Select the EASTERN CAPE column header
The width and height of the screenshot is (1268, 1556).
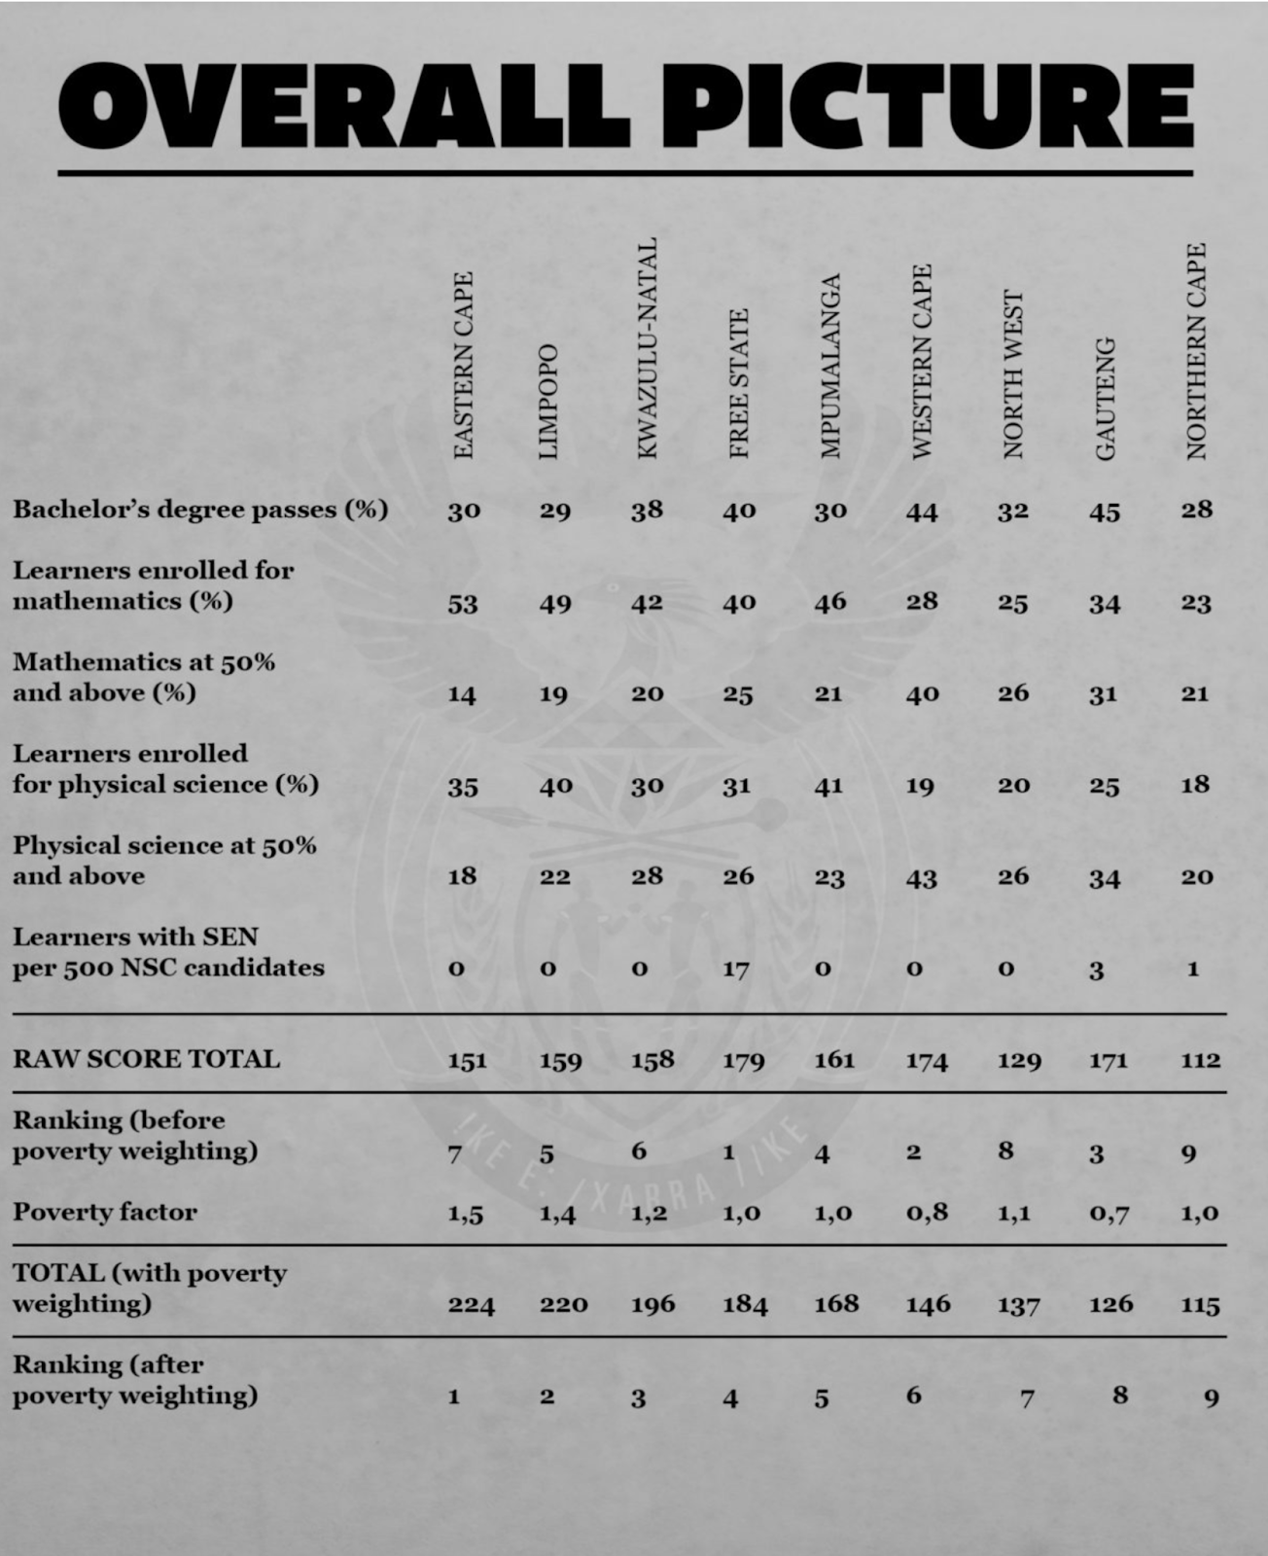464,365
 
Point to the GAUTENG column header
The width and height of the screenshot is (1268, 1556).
1105,399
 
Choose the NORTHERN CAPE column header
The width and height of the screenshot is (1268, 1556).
1196,351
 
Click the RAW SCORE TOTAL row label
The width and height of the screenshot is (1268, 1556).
146,1058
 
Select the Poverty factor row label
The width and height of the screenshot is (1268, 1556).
105,1212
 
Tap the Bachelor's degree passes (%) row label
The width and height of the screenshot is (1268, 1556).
200,509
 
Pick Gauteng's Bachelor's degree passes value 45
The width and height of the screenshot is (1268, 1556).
1105,512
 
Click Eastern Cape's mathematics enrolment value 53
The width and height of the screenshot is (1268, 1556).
463,604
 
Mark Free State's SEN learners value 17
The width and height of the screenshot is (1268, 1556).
736,969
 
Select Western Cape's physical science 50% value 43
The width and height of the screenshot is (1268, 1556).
921,877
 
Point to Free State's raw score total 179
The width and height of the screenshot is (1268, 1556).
743,1060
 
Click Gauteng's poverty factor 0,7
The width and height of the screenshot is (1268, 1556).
1109,1213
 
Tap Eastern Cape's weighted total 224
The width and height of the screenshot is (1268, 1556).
472,1304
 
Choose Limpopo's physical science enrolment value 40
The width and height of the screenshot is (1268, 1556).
555,785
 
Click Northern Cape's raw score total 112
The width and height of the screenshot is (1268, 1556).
1201,1060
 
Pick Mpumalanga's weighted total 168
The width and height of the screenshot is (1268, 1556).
836,1303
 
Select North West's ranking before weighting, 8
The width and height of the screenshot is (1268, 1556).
1005,1151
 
